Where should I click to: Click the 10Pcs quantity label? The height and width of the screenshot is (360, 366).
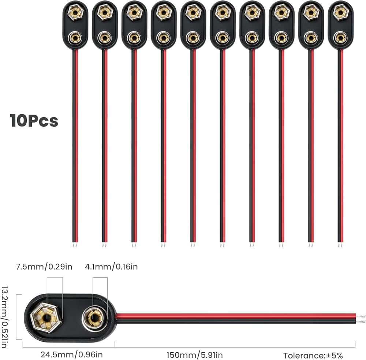(x=34, y=120)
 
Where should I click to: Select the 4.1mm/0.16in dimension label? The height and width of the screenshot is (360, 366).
(x=111, y=267)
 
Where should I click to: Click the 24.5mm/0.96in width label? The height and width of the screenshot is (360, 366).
(x=71, y=355)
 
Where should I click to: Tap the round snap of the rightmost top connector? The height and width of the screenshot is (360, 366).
(x=340, y=37)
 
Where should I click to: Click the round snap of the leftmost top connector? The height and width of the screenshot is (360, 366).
(x=76, y=37)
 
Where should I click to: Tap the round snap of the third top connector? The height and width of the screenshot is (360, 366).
(x=134, y=37)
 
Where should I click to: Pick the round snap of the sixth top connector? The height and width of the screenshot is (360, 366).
(x=222, y=37)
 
